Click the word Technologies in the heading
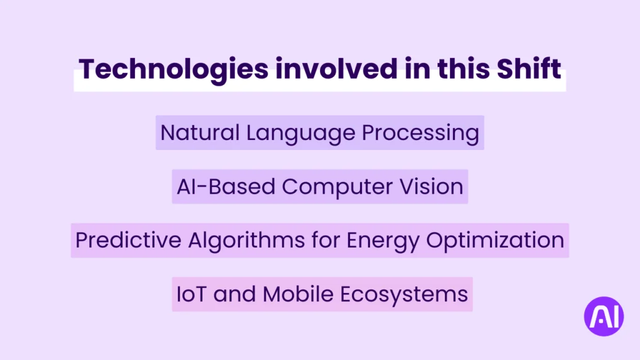(174, 69)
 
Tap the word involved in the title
(336, 68)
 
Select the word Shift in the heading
(529, 68)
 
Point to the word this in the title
(463, 68)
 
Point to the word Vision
(431, 186)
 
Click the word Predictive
(128, 240)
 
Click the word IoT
(191, 294)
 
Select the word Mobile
(298, 294)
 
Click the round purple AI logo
(604, 316)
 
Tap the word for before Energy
(326, 240)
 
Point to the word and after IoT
(235, 294)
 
